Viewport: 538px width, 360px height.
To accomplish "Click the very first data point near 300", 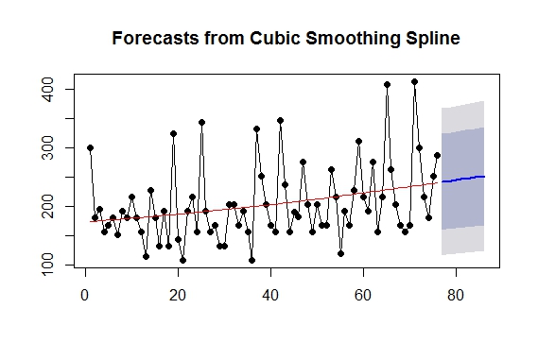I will pos(90,147).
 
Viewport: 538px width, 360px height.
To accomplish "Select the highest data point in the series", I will pos(414,82).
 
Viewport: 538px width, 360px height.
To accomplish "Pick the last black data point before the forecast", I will pos(437,155).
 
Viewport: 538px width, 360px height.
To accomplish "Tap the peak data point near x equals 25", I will pos(201,122).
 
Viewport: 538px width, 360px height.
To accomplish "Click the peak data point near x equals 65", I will pos(387,84).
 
